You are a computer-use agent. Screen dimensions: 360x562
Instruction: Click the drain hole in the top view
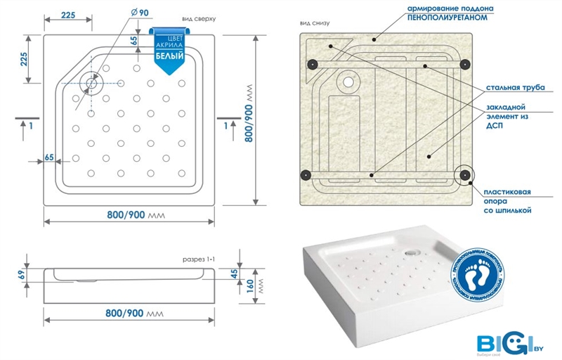coord(92,82)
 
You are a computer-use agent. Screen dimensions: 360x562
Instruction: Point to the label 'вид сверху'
coord(197,18)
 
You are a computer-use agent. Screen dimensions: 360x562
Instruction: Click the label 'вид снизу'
coord(314,22)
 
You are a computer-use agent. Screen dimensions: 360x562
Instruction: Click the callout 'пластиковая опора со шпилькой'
coord(507,201)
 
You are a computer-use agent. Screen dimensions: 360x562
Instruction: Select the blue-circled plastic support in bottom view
coord(463,174)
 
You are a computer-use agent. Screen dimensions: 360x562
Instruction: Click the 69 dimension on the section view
coord(21,274)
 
